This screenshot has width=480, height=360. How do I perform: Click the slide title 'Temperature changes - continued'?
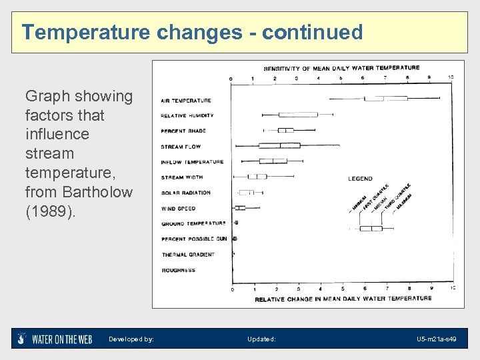click(192, 32)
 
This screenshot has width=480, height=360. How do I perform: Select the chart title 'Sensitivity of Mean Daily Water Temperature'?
click(341, 68)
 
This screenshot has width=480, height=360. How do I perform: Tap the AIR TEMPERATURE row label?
click(186, 101)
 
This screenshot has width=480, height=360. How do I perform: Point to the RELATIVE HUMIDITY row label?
click(187, 116)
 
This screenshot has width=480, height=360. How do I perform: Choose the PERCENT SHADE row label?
click(183, 131)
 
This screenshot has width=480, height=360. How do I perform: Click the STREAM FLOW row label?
click(181, 147)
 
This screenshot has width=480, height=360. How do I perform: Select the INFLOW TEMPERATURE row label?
click(192, 162)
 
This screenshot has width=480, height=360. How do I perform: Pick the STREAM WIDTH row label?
click(182, 177)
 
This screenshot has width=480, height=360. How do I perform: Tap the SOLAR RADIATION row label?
click(185, 193)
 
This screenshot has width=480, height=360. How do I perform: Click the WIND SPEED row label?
click(178, 209)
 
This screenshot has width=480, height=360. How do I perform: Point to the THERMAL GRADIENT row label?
click(188, 255)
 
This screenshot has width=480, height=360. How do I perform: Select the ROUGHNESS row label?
click(178, 270)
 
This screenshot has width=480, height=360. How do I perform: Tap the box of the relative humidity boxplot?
click(297, 115)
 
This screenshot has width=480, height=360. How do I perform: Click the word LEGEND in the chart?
click(360, 179)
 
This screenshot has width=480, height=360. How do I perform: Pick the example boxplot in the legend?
click(371, 228)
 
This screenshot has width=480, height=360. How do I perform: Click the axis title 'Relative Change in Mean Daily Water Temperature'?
click(343, 299)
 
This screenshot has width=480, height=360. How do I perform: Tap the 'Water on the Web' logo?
click(55, 339)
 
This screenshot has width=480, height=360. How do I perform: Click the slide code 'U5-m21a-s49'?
click(436, 339)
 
